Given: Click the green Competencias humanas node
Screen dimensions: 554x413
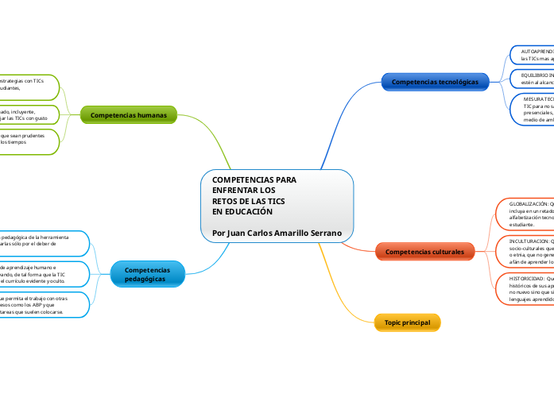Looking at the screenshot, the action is pyautogui.click(x=129, y=115).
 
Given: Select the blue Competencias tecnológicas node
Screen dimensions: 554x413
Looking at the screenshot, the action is pyautogui.click(x=435, y=82).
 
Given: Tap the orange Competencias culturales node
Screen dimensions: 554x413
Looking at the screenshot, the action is pyautogui.click(x=424, y=252).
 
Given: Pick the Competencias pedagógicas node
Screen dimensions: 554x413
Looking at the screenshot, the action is pyautogui.click(x=150, y=275).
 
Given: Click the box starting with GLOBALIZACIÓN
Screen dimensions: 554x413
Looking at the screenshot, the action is pyautogui.click(x=525, y=214).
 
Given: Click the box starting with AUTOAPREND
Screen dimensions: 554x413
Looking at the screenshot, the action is pyautogui.click(x=530, y=54).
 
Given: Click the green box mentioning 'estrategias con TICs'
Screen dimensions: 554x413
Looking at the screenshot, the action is pyautogui.click(x=28, y=84).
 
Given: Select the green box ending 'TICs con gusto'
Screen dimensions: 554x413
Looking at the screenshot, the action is pyautogui.click(x=28, y=115).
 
